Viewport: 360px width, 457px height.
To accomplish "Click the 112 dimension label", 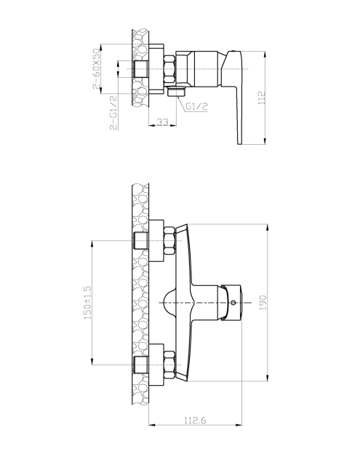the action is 262,98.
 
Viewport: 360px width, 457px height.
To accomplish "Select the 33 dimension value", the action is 162,122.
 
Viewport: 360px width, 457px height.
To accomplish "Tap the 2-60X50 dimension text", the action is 97,69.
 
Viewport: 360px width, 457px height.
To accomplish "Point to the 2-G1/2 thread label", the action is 113,113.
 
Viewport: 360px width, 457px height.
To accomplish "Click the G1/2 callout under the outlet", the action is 196,107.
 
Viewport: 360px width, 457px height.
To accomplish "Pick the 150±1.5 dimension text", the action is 88,302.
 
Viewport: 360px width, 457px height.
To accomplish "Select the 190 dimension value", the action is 263,303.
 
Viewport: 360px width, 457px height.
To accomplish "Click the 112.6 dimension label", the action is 195,421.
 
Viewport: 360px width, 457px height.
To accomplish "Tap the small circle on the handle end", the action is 233,303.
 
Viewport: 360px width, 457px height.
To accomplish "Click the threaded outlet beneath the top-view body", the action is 177,91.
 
